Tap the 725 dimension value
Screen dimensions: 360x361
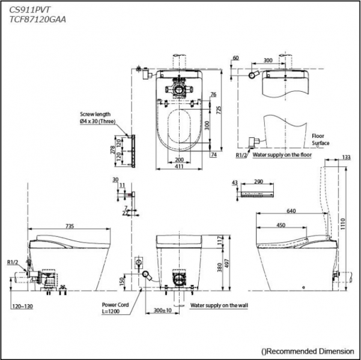coord(219,109)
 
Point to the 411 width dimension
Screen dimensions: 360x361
coord(178,167)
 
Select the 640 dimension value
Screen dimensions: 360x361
coord(291,211)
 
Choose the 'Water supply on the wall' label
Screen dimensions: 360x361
coord(219,305)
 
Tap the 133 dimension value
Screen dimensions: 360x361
coord(346,157)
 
